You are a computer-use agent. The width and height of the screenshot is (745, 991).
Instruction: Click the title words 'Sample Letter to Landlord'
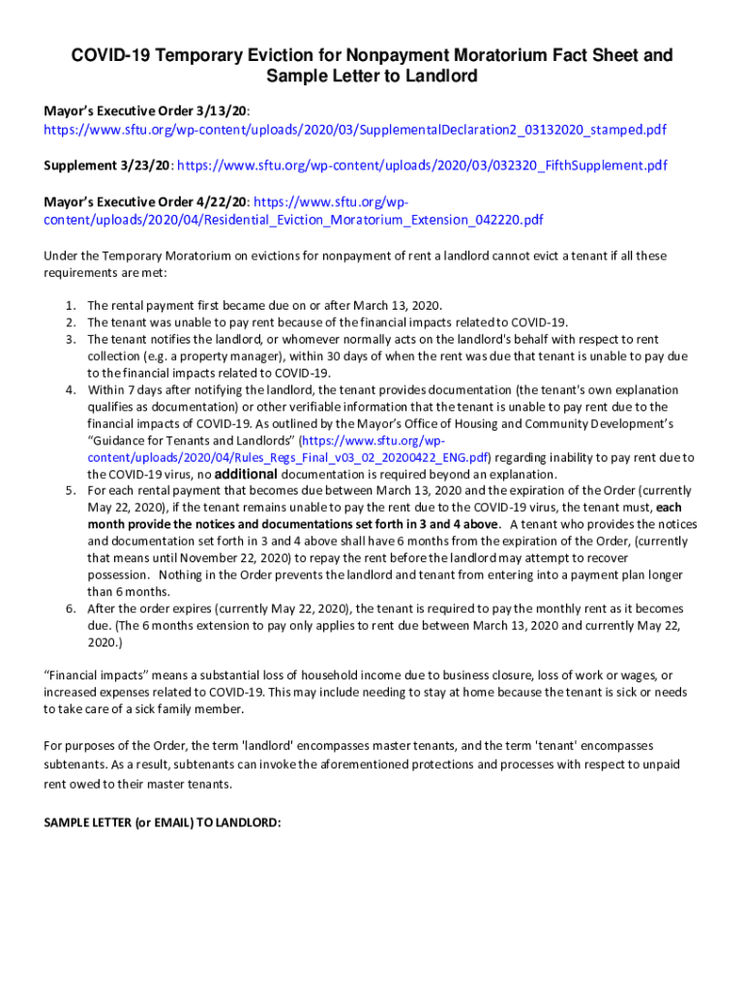point(372,76)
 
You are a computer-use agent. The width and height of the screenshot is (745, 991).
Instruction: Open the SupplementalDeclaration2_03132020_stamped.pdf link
point(355,130)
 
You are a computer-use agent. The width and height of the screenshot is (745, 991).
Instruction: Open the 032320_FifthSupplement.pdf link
point(422,165)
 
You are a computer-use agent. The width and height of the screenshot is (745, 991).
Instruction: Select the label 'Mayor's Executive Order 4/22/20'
point(146,202)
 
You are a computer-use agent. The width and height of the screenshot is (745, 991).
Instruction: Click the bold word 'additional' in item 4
point(246,474)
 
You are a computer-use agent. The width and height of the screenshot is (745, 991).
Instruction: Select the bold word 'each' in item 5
point(670,507)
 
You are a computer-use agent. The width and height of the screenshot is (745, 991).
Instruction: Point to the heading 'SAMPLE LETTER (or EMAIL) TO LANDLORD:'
point(162,823)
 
